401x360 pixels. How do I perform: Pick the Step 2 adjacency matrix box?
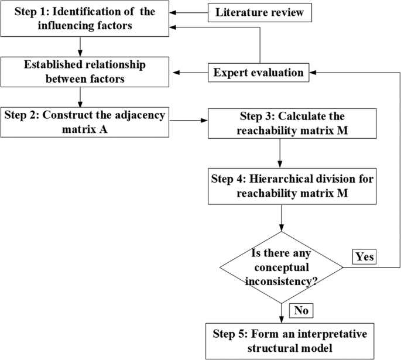[85, 122]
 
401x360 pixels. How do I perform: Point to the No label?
[300, 309]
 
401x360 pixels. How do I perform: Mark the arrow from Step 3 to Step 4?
[282, 153]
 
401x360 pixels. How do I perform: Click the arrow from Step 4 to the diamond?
[282, 218]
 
